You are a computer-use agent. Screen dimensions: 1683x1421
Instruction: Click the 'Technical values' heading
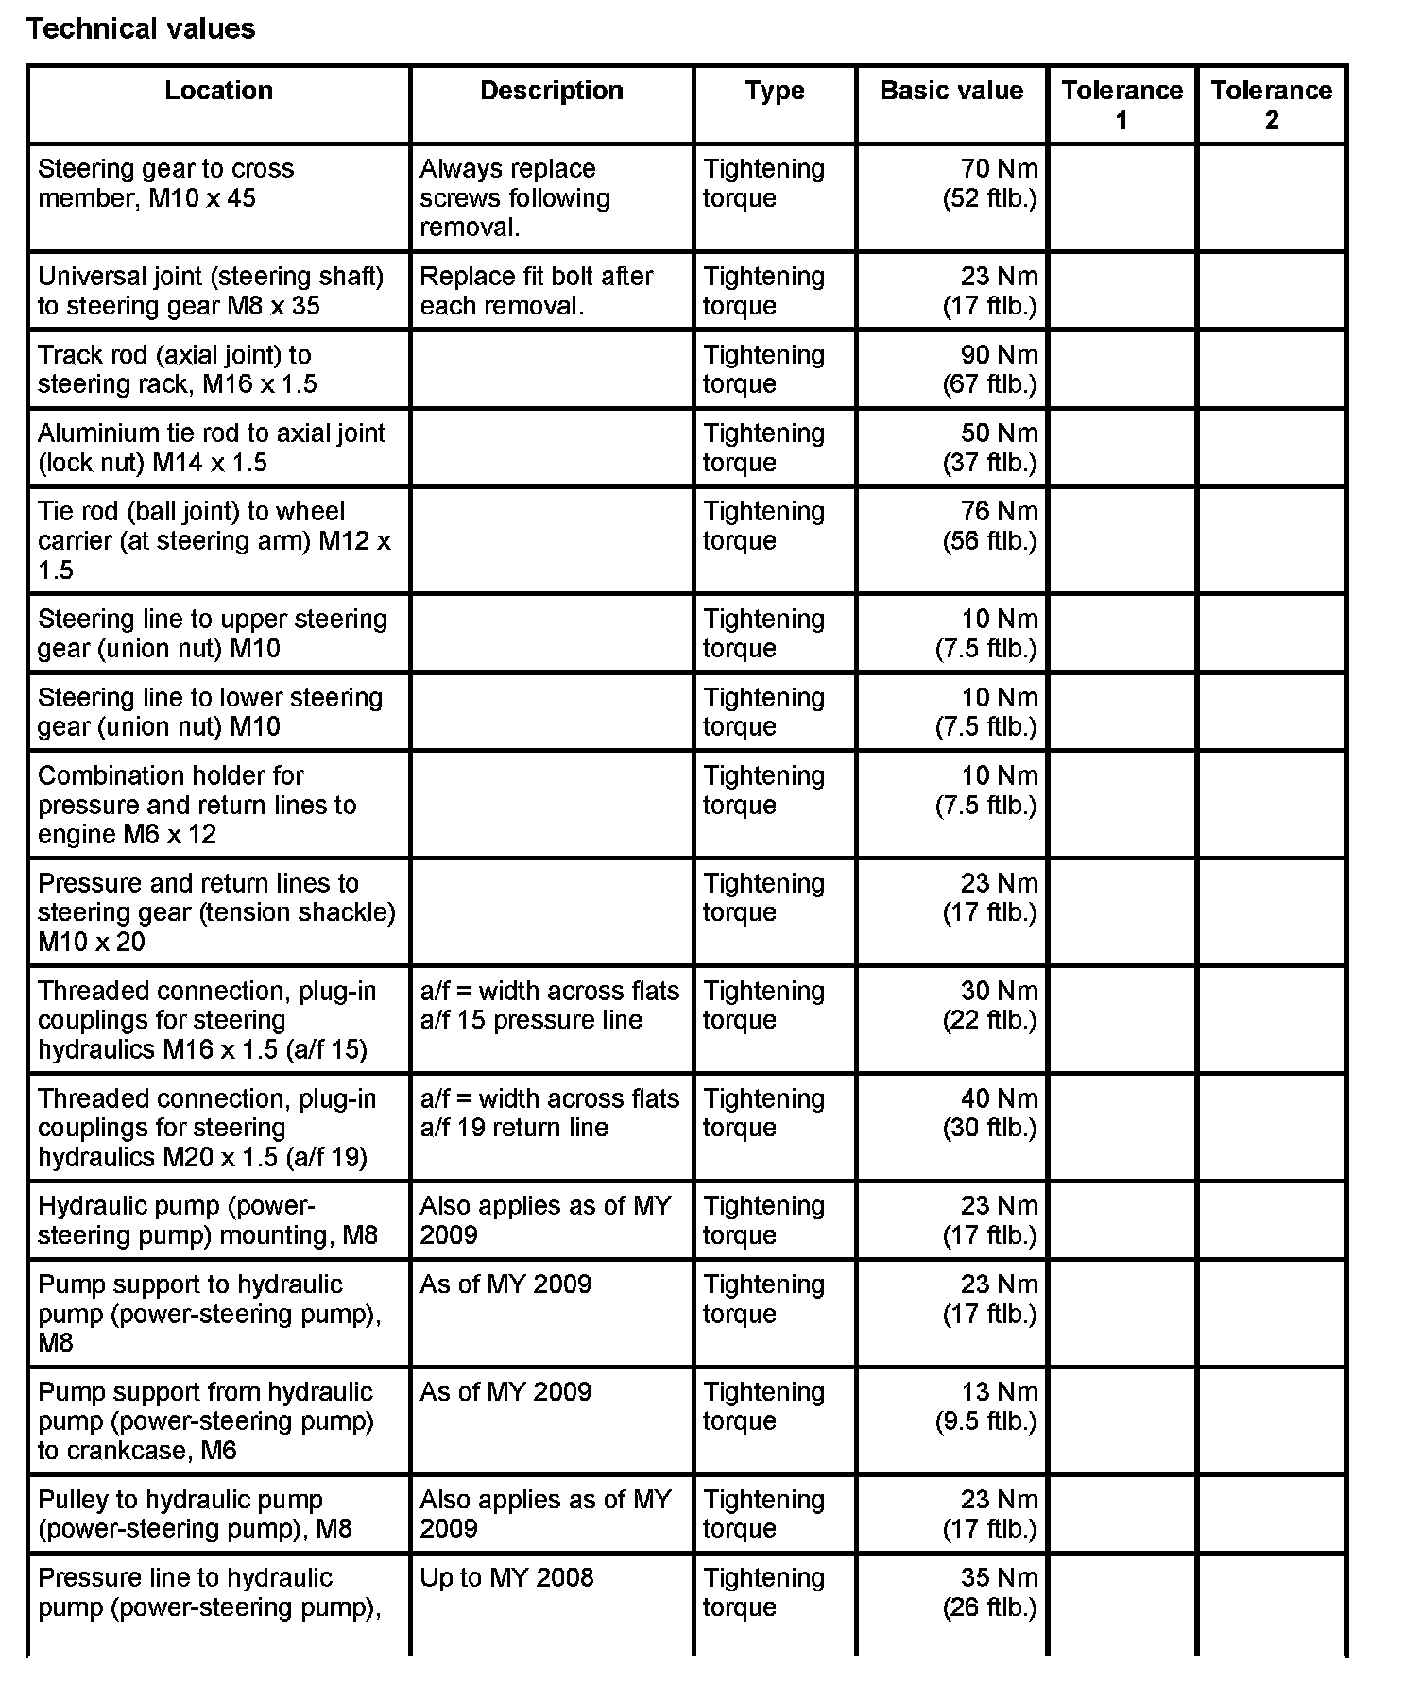(141, 29)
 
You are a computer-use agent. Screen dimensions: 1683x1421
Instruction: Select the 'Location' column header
(218, 91)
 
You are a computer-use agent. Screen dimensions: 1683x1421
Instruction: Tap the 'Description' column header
(552, 91)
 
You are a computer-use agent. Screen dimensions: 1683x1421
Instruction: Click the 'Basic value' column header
(950, 91)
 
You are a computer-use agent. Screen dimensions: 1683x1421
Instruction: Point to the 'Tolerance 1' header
(1121, 105)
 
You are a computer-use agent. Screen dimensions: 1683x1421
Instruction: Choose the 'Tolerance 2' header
(1271, 105)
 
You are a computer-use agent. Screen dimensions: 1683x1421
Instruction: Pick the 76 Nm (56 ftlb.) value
(990, 526)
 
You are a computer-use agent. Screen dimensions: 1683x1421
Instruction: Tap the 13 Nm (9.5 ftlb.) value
(986, 1406)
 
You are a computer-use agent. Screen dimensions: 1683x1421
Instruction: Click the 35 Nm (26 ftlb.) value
(990, 1592)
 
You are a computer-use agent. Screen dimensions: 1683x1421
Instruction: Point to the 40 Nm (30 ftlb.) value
(990, 1113)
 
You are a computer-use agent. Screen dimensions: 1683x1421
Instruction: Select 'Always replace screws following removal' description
(515, 197)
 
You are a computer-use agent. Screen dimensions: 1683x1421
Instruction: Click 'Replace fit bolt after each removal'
(536, 291)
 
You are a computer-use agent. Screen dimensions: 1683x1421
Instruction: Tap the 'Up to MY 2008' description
(506, 1578)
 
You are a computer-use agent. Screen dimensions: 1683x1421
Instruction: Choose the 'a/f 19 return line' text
(514, 1127)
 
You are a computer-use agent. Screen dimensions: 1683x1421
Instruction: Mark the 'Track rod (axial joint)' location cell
(178, 369)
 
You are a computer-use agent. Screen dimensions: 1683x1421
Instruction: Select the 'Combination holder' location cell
(197, 805)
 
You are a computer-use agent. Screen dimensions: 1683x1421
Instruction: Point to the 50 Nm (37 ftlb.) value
(990, 448)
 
